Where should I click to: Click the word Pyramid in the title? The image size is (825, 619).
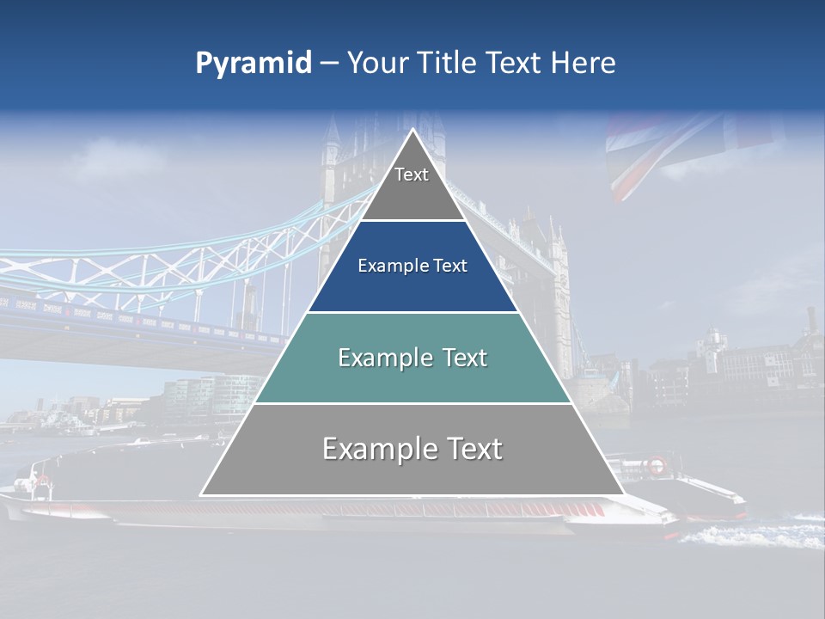point(254,64)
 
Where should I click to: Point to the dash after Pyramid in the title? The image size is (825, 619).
point(329,64)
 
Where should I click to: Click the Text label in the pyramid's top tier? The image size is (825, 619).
point(412,175)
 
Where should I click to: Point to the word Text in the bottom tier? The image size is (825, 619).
point(467,449)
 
